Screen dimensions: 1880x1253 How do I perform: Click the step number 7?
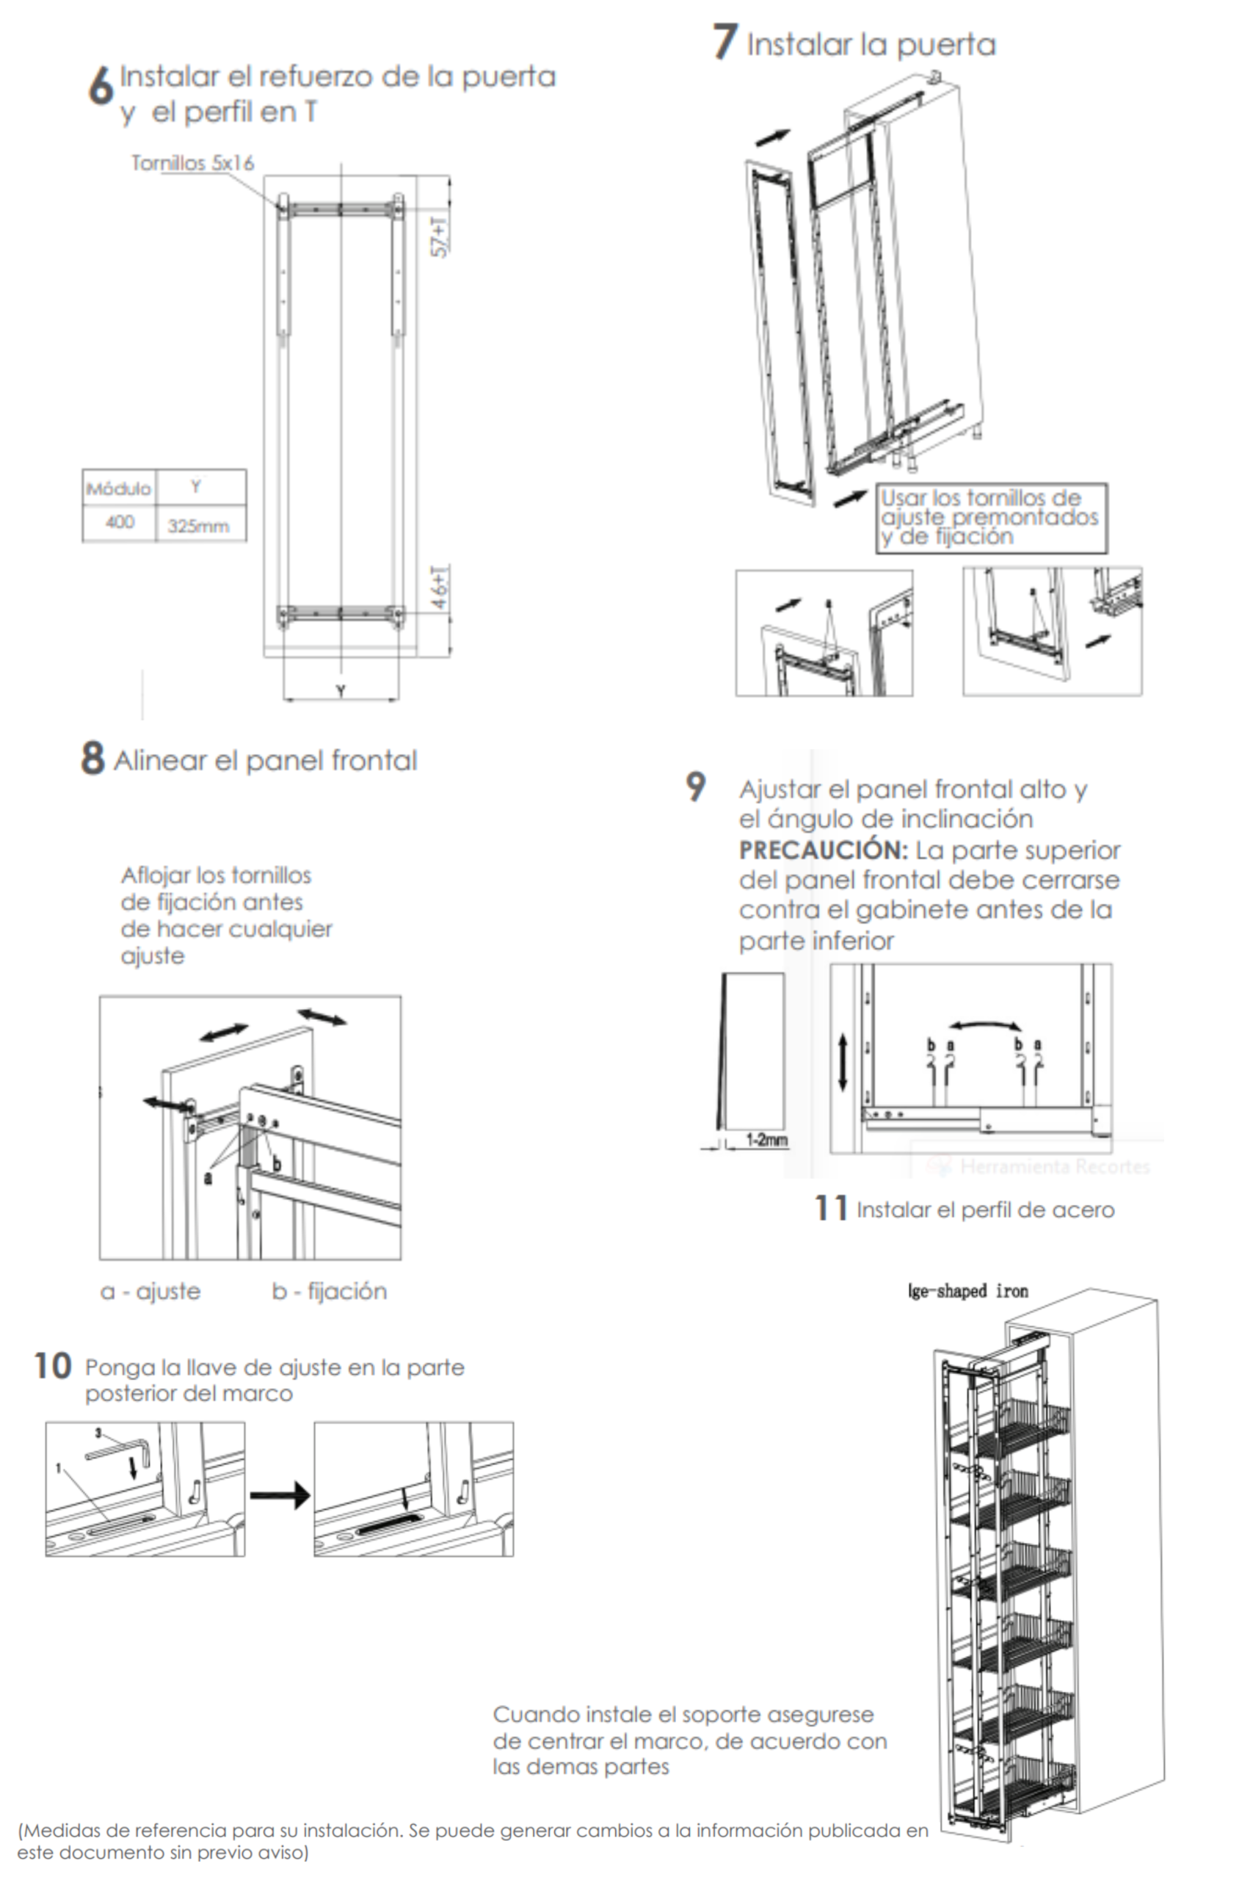click(x=724, y=42)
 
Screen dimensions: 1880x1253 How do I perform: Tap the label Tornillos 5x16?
click(x=192, y=163)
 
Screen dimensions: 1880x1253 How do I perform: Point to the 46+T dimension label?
click(x=440, y=587)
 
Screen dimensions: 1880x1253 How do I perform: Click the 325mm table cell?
click(x=198, y=526)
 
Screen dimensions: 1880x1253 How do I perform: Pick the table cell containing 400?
click(x=120, y=522)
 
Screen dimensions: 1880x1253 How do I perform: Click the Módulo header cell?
click(x=118, y=488)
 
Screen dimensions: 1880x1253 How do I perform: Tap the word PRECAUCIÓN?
click(x=822, y=850)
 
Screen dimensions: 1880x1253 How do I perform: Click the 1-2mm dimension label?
click(x=766, y=1139)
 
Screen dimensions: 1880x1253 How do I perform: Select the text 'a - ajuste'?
click(x=150, y=1291)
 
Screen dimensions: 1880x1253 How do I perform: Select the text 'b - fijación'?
click(x=330, y=1291)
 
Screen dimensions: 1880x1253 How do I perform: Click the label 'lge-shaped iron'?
click(x=967, y=1290)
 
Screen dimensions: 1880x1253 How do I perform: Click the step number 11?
click(x=830, y=1208)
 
